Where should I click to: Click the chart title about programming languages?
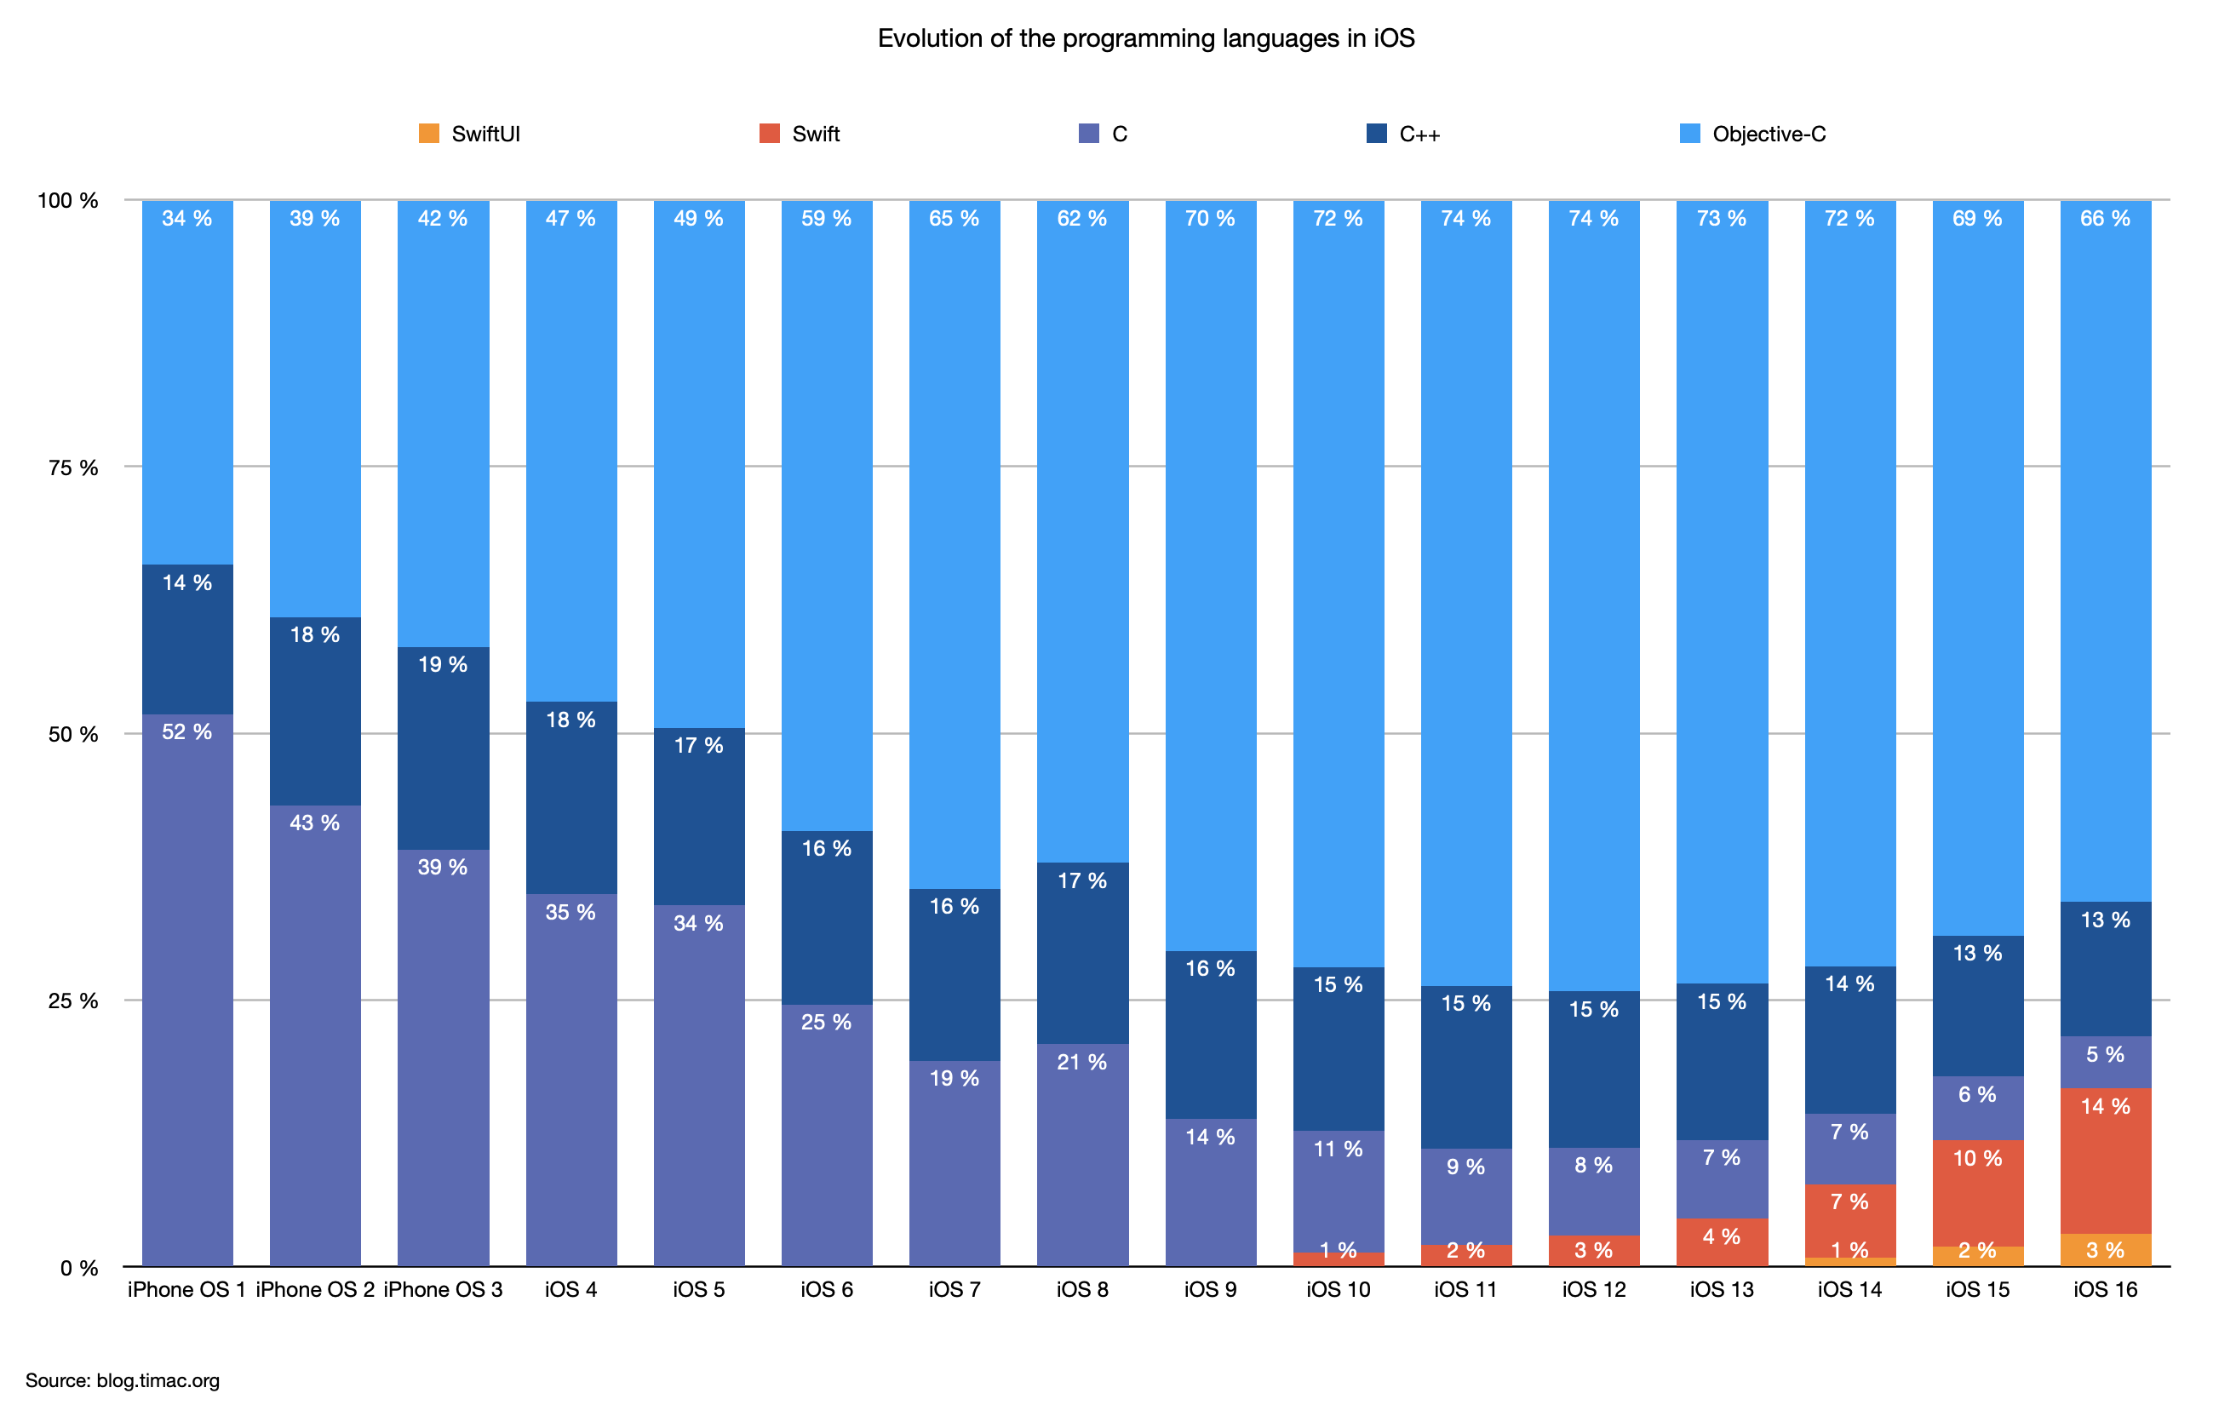click(1145, 38)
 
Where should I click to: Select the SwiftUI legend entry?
click(470, 134)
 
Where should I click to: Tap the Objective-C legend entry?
click(1753, 134)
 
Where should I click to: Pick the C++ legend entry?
click(1404, 134)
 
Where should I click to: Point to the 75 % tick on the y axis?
click(73, 468)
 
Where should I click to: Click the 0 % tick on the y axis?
click(79, 1268)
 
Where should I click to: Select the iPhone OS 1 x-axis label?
click(186, 1289)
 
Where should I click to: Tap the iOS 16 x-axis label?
click(2105, 1289)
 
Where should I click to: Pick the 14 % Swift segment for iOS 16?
click(2105, 1161)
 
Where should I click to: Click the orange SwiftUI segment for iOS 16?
click(2105, 1250)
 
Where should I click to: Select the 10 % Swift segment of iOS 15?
click(1977, 1194)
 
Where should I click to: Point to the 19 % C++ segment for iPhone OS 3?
click(443, 748)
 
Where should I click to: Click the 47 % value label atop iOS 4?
click(570, 218)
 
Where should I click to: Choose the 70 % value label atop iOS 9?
click(1210, 218)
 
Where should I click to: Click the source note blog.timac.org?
click(123, 1380)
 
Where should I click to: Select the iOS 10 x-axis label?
click(1338, 1289)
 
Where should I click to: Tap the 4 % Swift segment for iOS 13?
click(1722, 1241)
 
